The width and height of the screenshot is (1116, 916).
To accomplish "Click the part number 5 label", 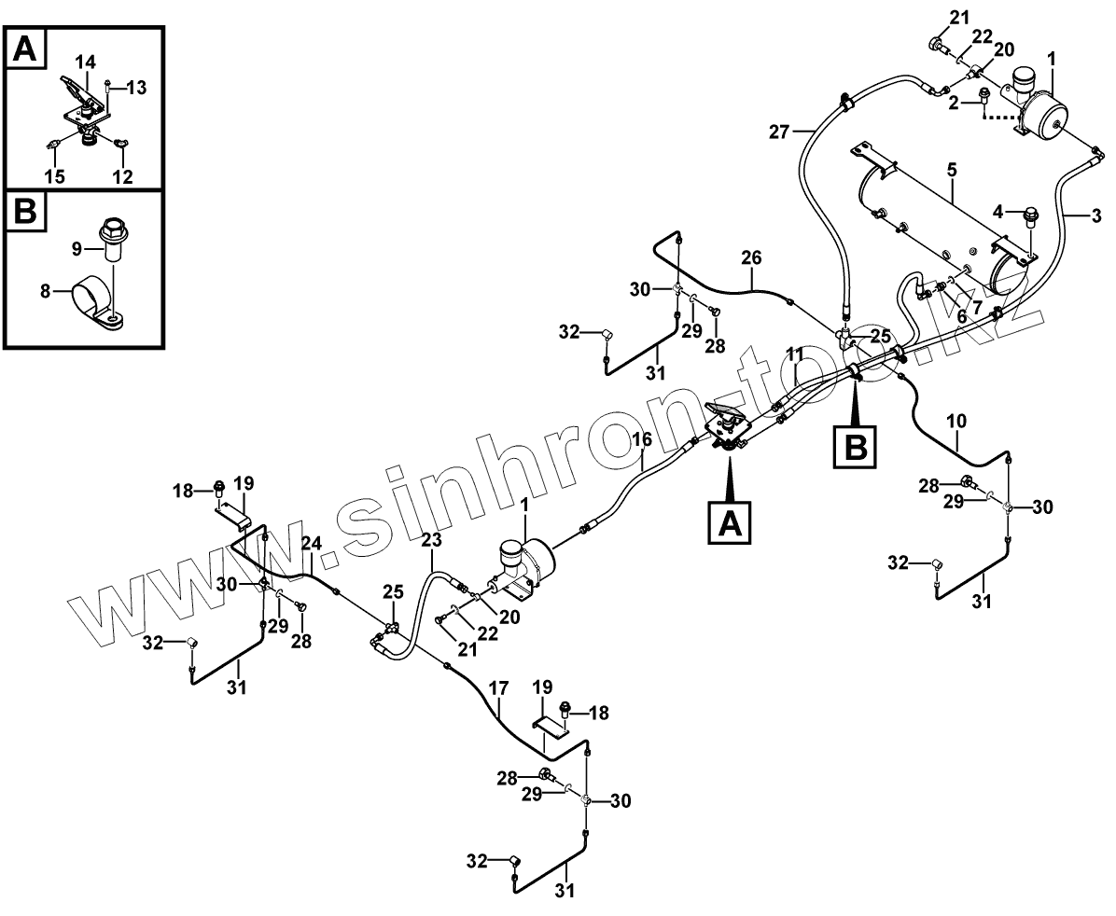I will tap(951, 171).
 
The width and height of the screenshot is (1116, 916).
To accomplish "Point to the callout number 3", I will tap(1096, 215).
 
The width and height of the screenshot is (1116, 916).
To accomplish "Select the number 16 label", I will tap(642, 439).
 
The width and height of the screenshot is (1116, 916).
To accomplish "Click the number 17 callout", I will tap(499, 689).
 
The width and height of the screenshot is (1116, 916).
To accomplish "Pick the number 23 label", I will tap(431, 539).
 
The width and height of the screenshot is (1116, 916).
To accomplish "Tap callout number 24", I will tap(311, 543).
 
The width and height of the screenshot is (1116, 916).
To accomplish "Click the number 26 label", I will tap(752, 257).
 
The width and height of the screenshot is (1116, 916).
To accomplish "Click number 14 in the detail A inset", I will tap(85, 62).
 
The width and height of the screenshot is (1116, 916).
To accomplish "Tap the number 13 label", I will tap(136, 88).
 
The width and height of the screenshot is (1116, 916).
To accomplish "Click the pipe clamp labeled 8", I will tap(93, 300).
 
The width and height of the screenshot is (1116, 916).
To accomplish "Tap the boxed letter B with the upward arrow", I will tap(855, 447).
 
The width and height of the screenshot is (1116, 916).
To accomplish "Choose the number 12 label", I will tap(123, 175).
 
